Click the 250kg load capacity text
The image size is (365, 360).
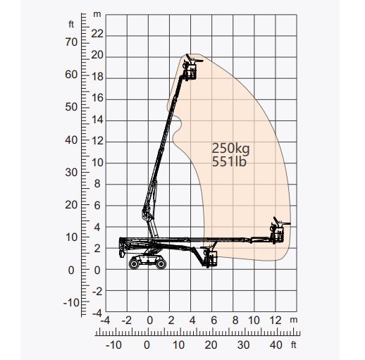click(231, 148)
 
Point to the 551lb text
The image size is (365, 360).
click(230, 162)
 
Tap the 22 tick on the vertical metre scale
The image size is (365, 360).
click(97, 34)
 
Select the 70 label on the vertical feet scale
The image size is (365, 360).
click(71, 42)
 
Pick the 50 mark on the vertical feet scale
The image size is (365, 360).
click(71, 107)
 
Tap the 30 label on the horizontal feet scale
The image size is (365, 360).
click(243, 345)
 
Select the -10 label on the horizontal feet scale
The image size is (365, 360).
click(113, 345)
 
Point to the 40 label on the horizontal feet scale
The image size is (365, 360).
click(276, 345)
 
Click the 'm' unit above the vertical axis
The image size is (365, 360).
click(97, 15)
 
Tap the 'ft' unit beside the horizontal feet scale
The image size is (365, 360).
click(295, 345)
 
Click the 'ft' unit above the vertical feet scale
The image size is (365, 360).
click(71, 25)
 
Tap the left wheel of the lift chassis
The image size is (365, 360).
click(135, 263)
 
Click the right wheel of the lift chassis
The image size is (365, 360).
click(161, 263)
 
